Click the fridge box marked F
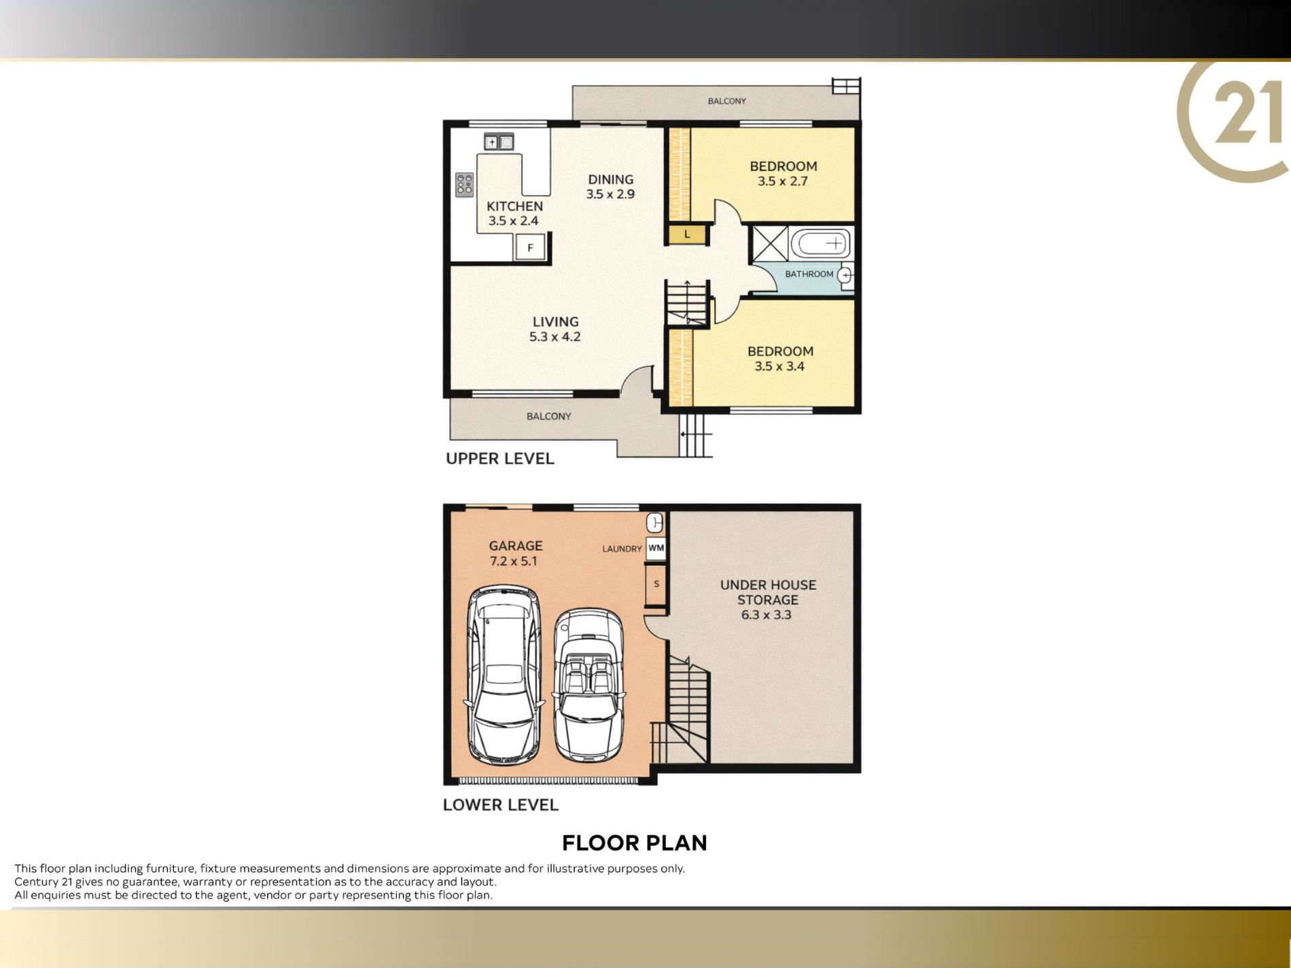(x=530, y=247)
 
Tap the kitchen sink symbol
(x=499, y=142)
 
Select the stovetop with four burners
(x=465, y=184)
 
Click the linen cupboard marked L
(x=688, y=234)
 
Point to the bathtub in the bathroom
(x=821, y=243)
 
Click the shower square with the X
(x=770, y=243)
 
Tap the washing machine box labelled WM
(x=656, y=548)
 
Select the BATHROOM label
(x=809, y=274)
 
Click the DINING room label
(x=610, y=179)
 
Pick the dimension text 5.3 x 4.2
(x=555, y=337)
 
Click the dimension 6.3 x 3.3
(x=766, y=615)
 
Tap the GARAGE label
(x=516, y=545)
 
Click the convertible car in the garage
(x=588, y=685)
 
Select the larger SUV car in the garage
(x=505, y=675)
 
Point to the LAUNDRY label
(x=622, y=549)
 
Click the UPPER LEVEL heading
(x=500, y=459)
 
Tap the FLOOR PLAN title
(x=635, y=843)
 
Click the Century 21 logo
(x=1234, y=120)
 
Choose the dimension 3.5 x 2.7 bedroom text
(x=783, y=181)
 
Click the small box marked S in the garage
(x=656, y=584)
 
